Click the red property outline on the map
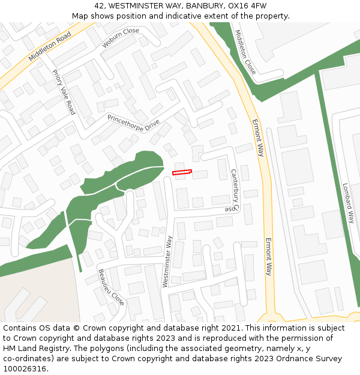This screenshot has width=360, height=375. pos(182,172)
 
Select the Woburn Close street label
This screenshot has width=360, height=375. pos(120,38)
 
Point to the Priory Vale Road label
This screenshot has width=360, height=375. pos(64,92)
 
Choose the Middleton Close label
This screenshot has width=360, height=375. pos(245,52)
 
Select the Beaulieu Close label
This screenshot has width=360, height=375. pos(111,287)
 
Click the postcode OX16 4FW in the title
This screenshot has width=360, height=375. pos(244,5)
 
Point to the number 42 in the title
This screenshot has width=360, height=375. pos(99,5)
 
